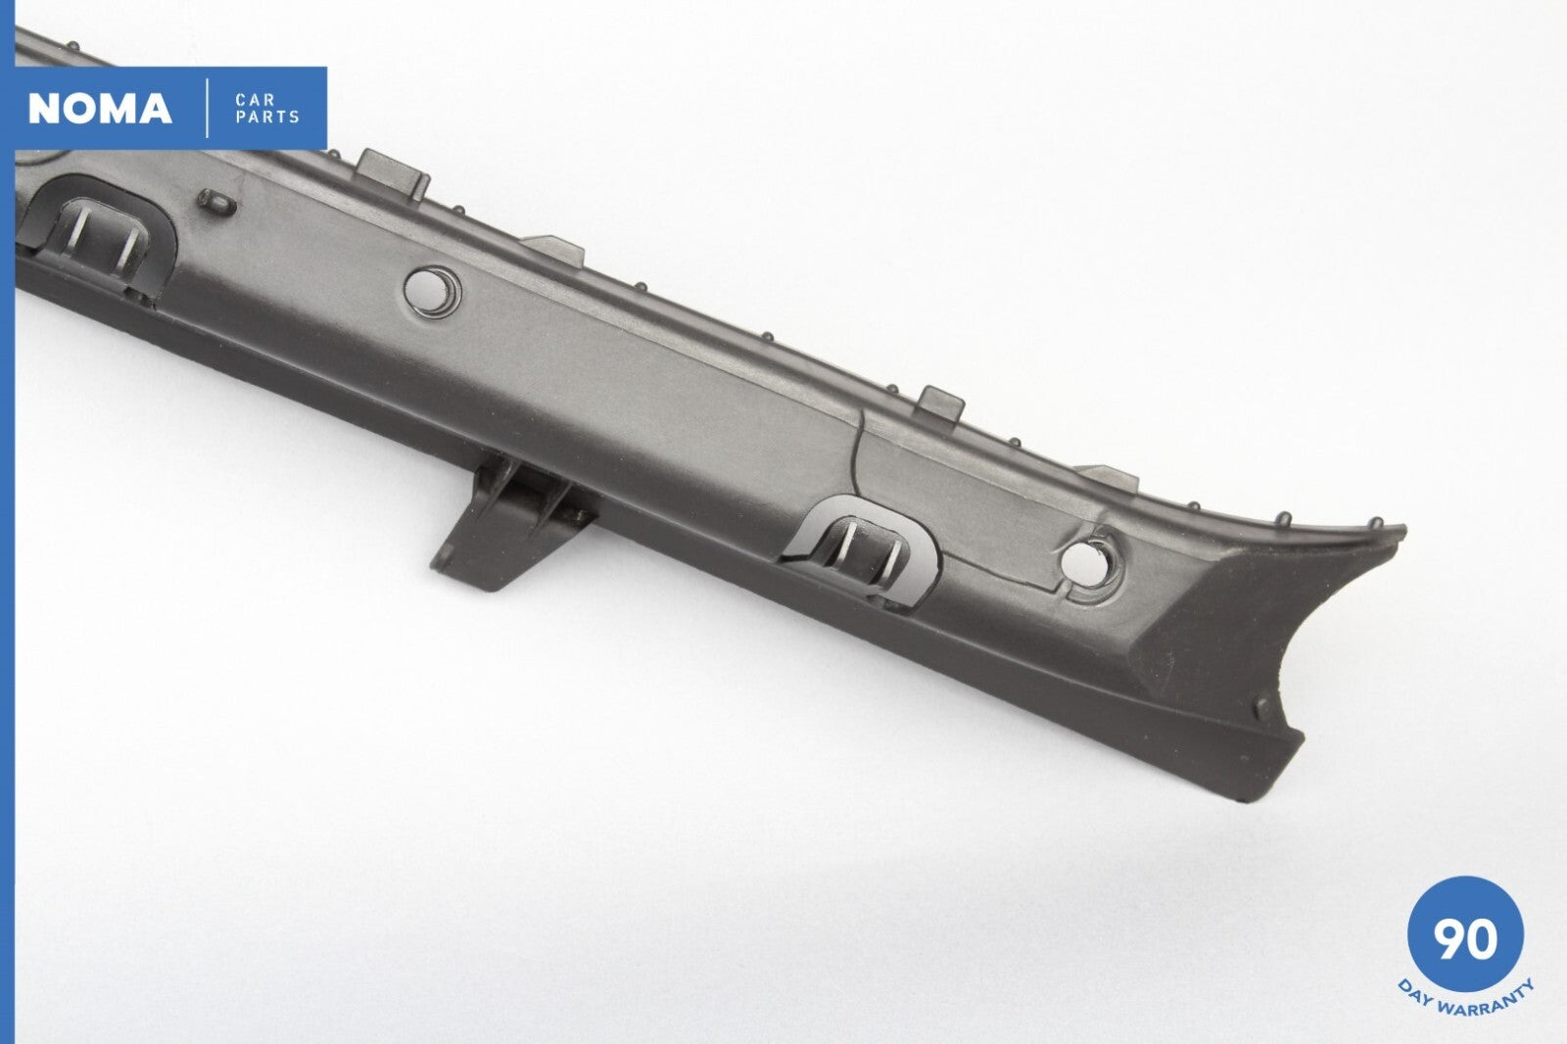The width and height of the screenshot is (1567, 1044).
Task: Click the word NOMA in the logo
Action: (x=100, y=109)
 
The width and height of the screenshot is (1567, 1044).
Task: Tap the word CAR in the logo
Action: (x=256, y=100)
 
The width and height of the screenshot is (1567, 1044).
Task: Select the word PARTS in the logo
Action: (x=267, y=118)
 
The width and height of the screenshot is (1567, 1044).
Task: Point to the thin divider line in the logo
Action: (x=207, y=109)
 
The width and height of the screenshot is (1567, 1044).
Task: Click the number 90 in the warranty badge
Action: (x=1465, y=939)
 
